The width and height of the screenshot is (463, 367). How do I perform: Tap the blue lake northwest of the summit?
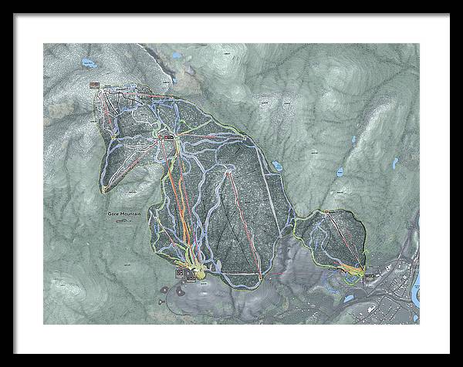pos(86,62)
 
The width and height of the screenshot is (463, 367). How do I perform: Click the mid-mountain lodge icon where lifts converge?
pos(164,133)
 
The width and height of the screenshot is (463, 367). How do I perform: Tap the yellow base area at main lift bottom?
pos(199,271)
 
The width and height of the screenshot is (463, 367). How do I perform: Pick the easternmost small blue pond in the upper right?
pos(394,163)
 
